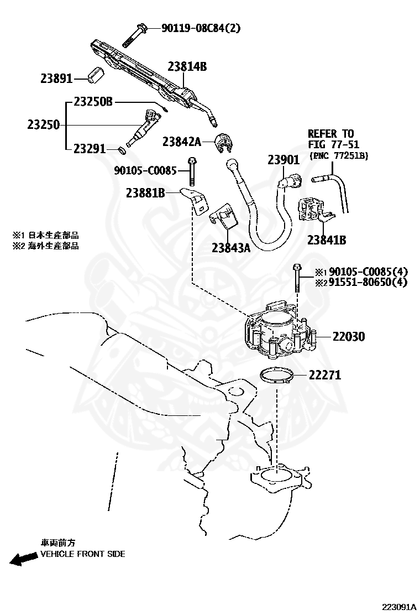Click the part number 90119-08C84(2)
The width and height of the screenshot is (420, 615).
201,28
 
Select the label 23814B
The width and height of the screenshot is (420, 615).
187,67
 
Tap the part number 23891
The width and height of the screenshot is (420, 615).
56,79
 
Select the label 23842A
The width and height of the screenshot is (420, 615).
181,142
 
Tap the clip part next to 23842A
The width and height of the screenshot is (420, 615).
224,143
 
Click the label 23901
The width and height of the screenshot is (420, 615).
283,160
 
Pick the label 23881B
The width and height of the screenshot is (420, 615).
145,193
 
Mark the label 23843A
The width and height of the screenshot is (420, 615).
230,248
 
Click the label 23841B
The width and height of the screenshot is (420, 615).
327,240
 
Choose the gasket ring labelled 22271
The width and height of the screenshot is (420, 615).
277,377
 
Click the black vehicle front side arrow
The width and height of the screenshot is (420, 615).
23,559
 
